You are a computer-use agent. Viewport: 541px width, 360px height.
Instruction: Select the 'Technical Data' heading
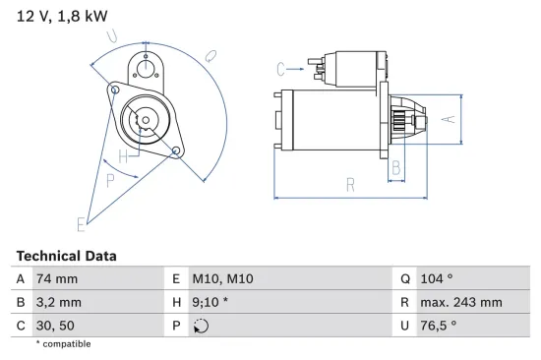pos(66,256)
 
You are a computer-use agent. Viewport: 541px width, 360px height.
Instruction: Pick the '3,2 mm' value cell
pos(58,303)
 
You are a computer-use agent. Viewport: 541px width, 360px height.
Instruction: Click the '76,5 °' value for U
pos(438,327)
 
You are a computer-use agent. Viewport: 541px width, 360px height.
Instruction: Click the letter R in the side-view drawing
pos(350,183)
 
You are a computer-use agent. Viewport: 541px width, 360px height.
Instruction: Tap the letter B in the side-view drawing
pos(396,167)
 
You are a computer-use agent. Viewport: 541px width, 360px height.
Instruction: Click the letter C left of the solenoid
pos(281,69)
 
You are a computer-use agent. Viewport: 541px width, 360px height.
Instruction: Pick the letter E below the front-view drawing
pos(82,224)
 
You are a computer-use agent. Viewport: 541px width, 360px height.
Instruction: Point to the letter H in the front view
pos(124,156)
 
